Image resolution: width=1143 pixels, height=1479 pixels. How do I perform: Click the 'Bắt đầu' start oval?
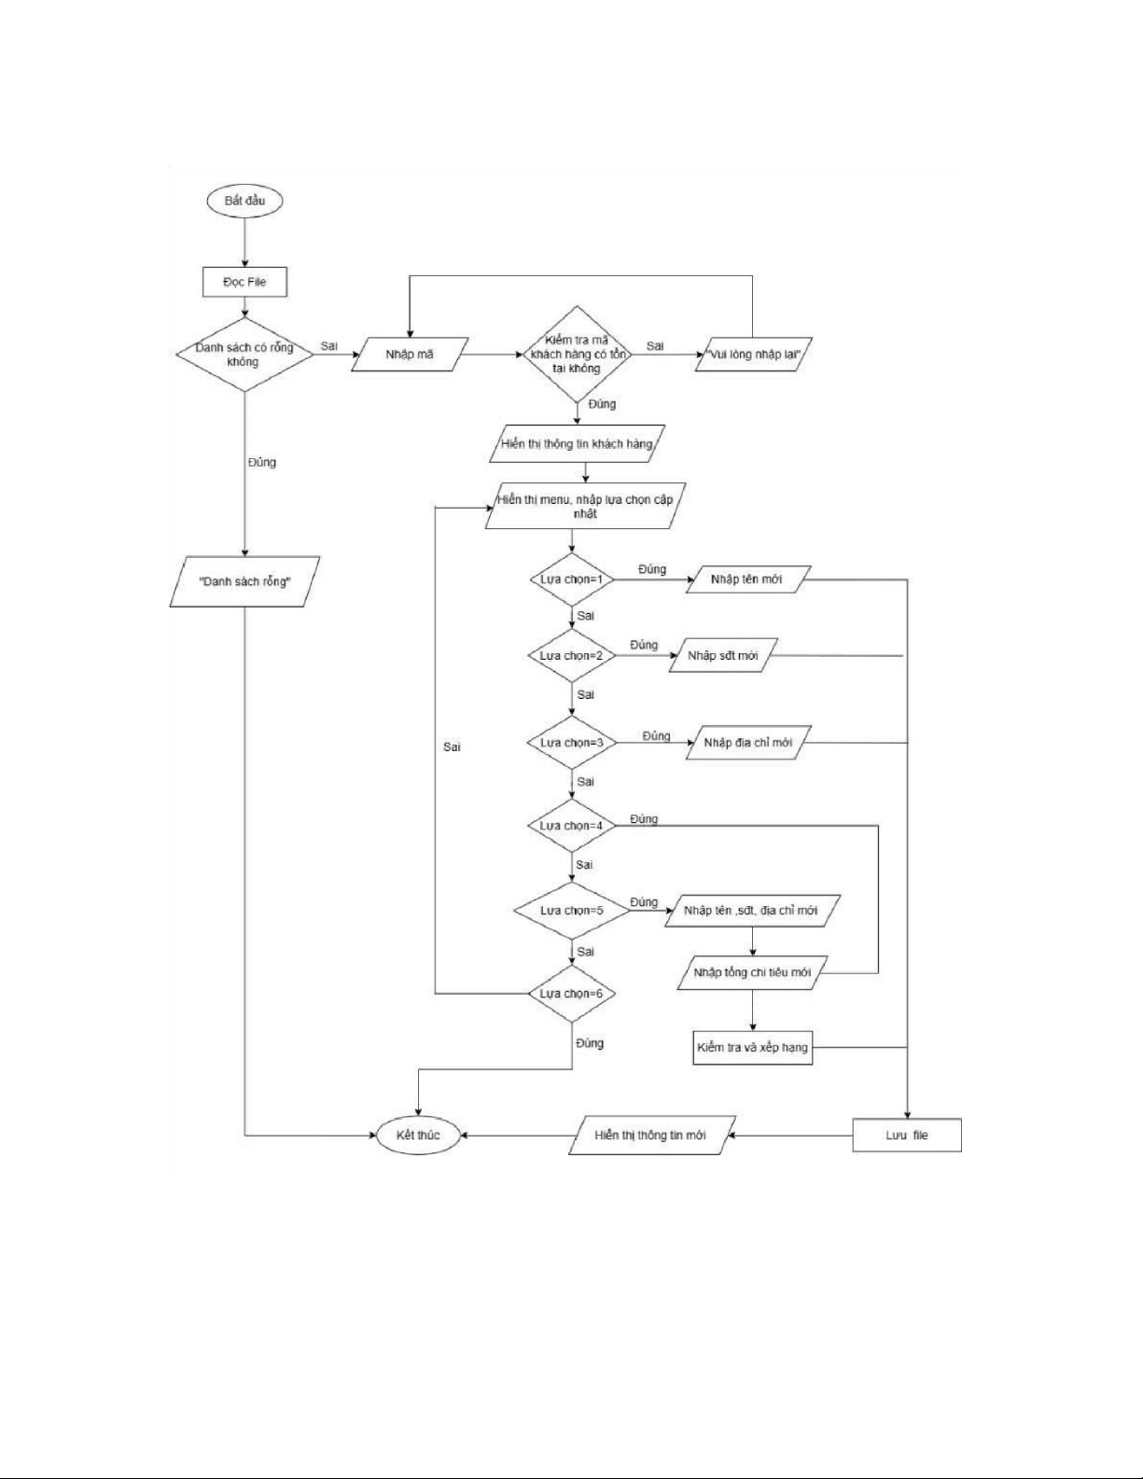(x=244, y=201)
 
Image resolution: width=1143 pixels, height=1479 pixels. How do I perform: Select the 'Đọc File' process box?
(x=244, y=282)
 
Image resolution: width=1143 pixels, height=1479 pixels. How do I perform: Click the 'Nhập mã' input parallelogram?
(x=408, y=355)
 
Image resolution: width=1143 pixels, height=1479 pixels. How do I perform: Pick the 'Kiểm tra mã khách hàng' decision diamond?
(x=578, y=355)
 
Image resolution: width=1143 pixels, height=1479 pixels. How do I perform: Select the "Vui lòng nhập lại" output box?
(x=753, y=355)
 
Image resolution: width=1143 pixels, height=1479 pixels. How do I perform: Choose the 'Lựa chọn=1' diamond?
(x=572, y=579)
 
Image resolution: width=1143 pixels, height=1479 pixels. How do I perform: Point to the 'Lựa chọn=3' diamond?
(x=572, y=743)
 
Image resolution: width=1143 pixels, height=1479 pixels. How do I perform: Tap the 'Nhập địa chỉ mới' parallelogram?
(x=748, y=743)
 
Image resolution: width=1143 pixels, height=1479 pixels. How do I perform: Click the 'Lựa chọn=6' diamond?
(x=572, y=993)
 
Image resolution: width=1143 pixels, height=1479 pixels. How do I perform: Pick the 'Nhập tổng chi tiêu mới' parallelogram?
(x=752, y=972)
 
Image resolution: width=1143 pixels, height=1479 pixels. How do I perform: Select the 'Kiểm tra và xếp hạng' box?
(x=752, y=1047)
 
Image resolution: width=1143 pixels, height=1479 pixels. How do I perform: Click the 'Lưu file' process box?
(x=907, y=1135)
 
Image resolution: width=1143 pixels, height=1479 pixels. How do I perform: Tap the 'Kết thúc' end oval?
(x=418, y=1135)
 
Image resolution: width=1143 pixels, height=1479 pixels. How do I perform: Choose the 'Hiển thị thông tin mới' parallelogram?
(x=651, y=1135)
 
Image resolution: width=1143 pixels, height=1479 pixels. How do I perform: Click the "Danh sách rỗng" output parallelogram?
(x=244, y=581)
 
